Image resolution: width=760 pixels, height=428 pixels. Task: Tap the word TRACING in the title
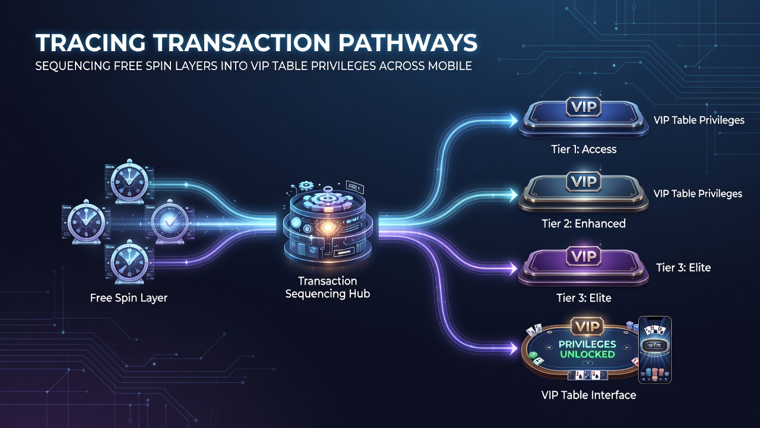pos(91,43)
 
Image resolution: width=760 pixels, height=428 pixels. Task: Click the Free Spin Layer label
pos(129,298)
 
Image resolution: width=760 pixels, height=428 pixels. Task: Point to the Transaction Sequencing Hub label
pos(327,287)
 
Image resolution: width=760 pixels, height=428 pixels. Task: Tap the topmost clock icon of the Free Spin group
pos(129,182)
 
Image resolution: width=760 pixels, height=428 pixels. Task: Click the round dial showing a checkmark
pos(169,222)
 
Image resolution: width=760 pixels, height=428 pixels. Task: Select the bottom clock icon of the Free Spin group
pos(129,262)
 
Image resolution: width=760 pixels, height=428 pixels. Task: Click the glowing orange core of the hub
pos(327,227)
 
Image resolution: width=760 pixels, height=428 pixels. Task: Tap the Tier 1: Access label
pos(584,149)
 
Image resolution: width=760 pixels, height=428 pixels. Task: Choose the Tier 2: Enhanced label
pos(584,224)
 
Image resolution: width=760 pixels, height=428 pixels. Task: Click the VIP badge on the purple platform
pos(584,256)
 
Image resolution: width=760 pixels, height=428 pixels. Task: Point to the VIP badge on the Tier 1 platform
pos(584,108)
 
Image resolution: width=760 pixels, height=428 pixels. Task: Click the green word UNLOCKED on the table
pos(587,354)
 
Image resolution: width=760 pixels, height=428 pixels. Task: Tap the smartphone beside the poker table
pos(655,350)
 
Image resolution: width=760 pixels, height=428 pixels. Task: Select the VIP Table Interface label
pos(588,395)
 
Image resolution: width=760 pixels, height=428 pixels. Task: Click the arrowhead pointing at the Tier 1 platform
pos(511,120)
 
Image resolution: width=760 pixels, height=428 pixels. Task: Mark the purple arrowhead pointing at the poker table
pos(511,348)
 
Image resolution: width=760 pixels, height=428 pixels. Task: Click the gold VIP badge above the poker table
pos(587,327)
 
